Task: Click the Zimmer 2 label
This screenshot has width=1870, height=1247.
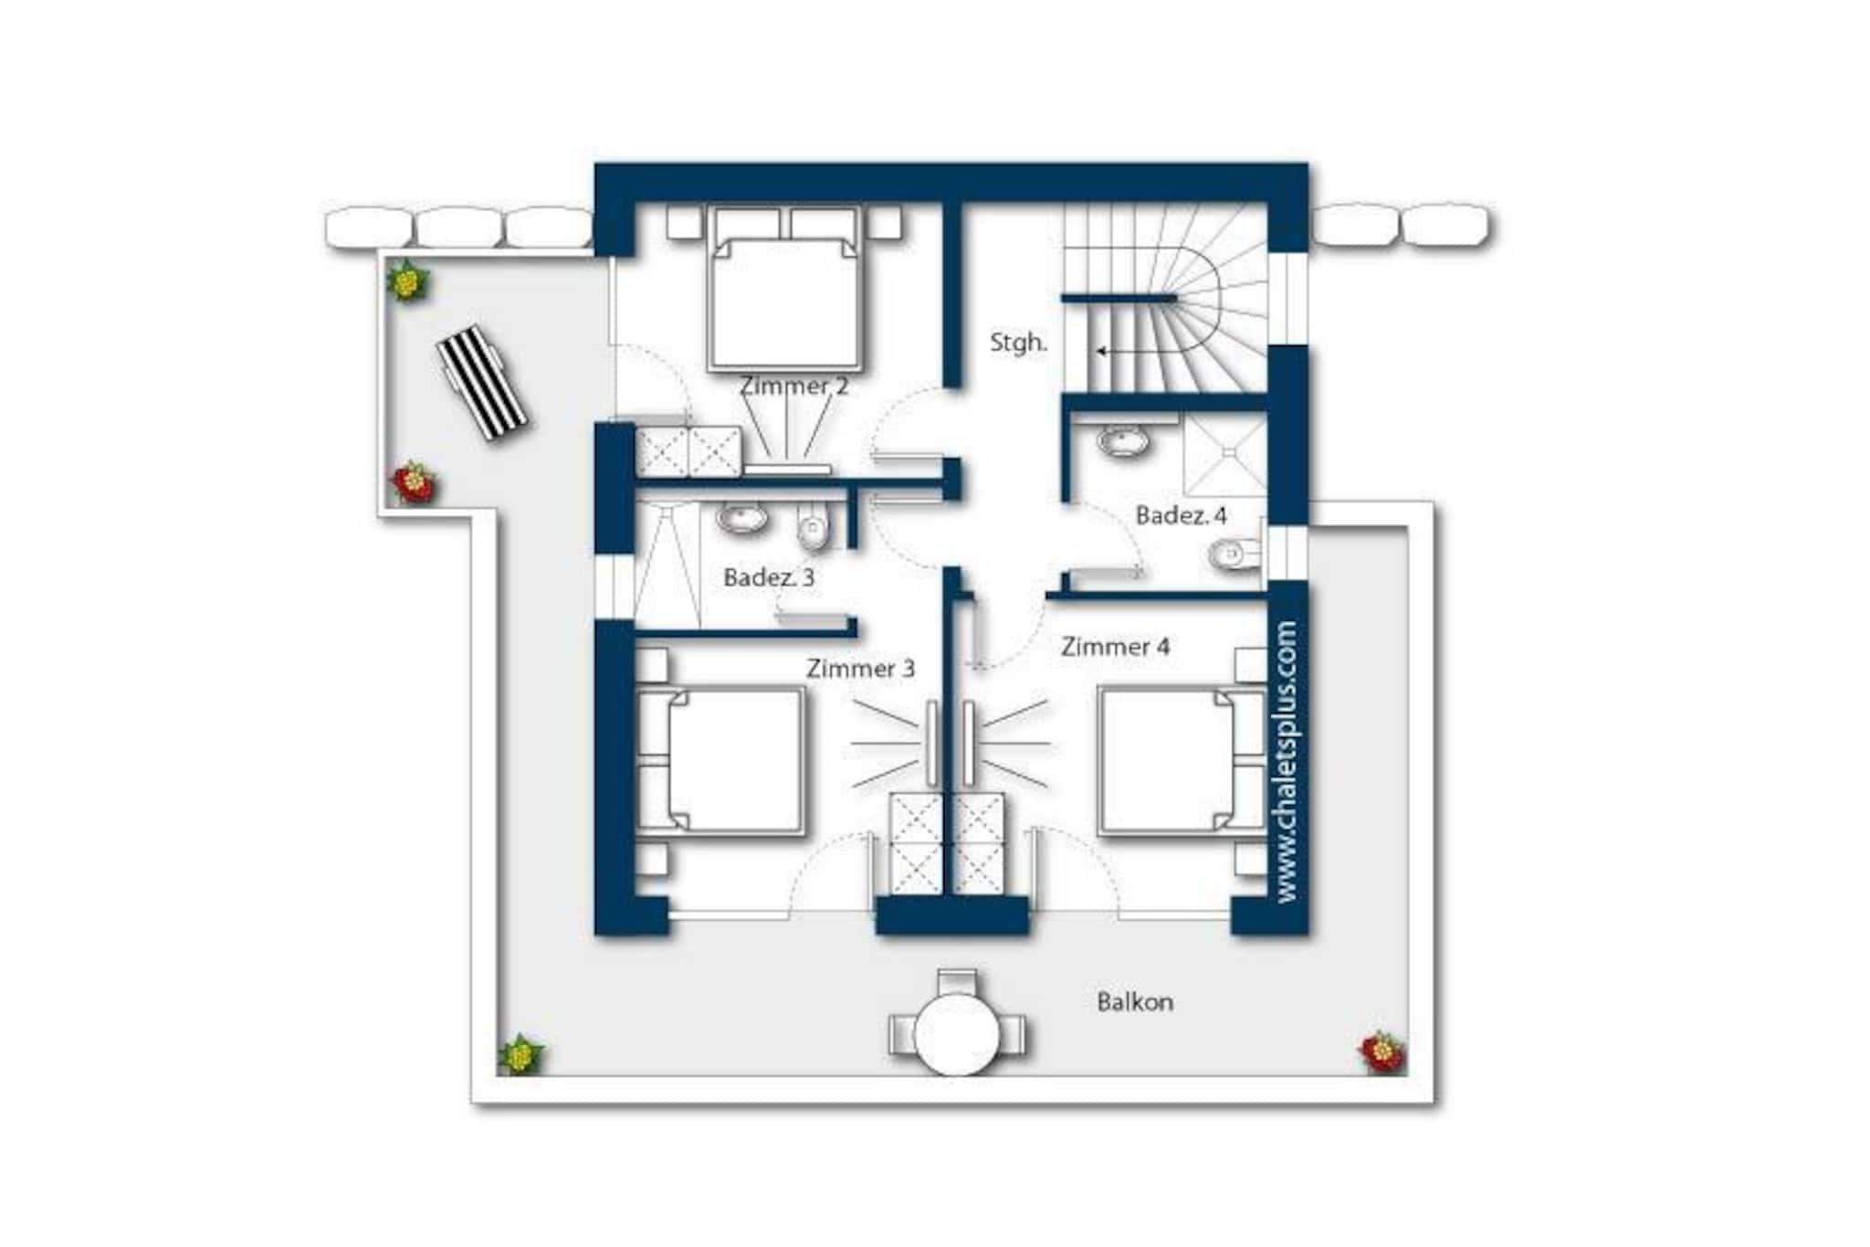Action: click(x=793, y=386)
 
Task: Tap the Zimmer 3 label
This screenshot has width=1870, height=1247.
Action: click(x=860, y=669)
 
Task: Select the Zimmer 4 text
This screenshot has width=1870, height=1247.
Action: click(x=1115, y=647)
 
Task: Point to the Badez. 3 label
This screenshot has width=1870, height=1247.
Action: click(x=768, y=577)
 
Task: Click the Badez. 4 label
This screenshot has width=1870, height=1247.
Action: click(x=1181, y=515)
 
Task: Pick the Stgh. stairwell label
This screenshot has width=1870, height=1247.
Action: click(x=1018, y=343)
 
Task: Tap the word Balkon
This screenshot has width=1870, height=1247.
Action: click(x=1135, y=1002)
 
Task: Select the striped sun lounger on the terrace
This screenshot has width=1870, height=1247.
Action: click(x=482, y=383)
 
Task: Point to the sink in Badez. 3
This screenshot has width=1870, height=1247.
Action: click(x=741, y=518)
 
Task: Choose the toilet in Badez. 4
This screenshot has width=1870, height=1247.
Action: click(x=1234, y=554)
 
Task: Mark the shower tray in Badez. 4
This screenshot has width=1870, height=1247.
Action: click(x=1225, y=454)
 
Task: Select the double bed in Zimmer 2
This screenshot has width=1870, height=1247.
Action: click(x=786, y=289)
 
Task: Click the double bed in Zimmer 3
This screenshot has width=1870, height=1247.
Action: click(x=720, y=760)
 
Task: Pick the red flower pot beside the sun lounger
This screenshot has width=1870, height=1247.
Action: click(x=414, y=482)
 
